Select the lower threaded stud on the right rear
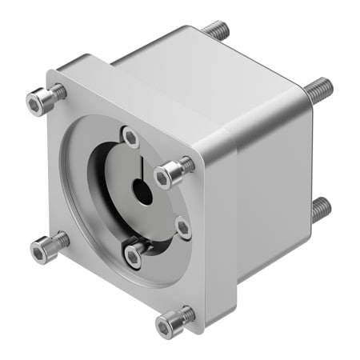point(320,210)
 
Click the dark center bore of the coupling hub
point(142,193)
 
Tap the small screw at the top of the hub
point(129,135)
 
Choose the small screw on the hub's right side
point(183,229)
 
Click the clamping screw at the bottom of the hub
point(134,256)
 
